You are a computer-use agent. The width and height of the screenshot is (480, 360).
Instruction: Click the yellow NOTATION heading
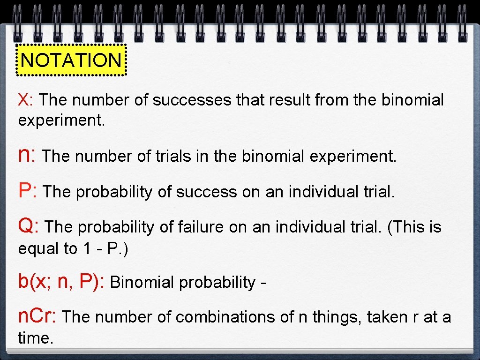71,60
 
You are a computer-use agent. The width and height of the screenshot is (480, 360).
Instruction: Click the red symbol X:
25,100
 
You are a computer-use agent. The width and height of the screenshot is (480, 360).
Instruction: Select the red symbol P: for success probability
28,191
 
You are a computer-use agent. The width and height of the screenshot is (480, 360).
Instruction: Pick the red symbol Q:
29,226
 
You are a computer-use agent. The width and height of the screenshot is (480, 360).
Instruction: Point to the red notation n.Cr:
37,317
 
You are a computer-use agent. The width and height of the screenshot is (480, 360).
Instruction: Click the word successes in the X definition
192,100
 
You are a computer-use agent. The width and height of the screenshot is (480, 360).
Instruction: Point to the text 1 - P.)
105,248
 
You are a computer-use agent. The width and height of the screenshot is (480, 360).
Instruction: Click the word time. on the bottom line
36,337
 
